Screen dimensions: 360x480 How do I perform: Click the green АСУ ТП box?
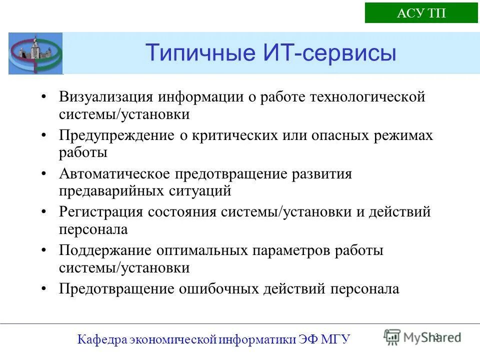421,13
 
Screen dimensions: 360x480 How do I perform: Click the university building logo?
35,53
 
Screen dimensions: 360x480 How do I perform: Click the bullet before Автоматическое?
45,174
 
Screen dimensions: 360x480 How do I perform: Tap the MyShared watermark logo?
422,336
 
